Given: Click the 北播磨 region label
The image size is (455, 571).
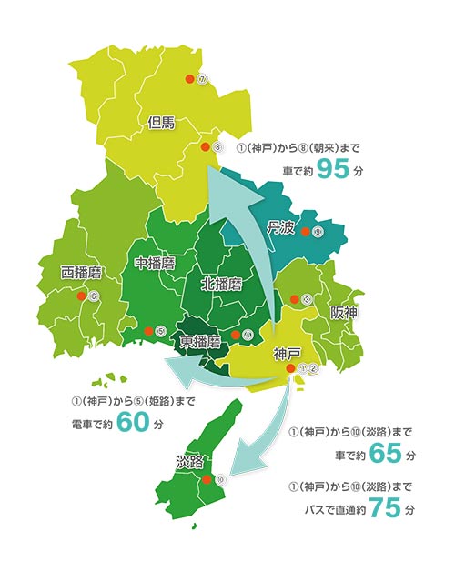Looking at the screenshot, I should click(x=220, y=283).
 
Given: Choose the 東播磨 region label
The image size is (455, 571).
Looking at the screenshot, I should click(x=200, y=342).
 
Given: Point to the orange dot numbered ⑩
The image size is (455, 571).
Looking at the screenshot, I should click(x=207, y=478).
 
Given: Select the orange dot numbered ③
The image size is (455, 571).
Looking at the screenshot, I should click(x=294, y=299).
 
